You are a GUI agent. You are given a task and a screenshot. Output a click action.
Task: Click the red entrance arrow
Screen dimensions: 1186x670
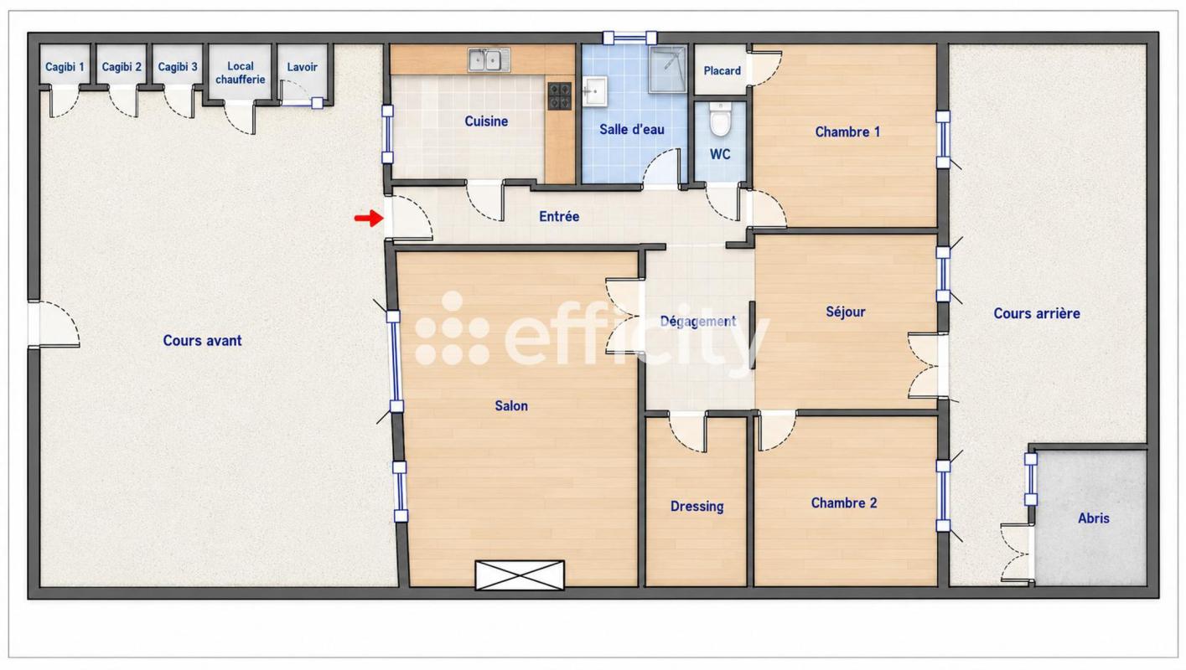[369, 218]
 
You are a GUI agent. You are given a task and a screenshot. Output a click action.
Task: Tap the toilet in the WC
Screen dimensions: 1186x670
[720, 119]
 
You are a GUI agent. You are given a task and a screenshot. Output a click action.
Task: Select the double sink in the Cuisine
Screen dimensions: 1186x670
[489, 59]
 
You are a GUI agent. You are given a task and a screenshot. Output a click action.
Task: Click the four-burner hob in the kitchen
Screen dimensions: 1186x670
[560, 95]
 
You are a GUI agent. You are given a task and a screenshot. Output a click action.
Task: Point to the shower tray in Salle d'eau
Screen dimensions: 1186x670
[668, 70]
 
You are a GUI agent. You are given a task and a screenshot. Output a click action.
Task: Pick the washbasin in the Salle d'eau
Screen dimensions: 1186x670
[595, 92]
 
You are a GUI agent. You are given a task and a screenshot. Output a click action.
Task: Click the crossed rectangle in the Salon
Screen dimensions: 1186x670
[520, 575]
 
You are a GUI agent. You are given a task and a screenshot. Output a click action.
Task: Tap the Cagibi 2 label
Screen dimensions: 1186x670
[122, 67]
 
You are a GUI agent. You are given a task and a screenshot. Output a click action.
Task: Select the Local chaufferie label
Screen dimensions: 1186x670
[241, 73]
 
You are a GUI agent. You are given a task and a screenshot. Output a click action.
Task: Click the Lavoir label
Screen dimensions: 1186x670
[303, 67]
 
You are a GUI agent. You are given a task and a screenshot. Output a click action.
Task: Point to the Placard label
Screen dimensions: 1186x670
[722, 70]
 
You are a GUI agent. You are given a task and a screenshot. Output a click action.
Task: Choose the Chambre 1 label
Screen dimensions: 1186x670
[847, 131]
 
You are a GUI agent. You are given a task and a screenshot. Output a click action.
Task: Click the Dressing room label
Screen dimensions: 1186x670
[697, 507]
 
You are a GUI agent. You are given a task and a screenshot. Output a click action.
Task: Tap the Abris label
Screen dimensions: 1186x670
[1094, 518]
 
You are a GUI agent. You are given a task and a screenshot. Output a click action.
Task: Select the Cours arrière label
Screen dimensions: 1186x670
[1037, 313]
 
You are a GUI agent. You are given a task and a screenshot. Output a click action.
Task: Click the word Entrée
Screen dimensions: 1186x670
[559, 216]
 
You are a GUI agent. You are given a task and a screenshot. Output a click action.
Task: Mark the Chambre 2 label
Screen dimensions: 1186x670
[844, 502]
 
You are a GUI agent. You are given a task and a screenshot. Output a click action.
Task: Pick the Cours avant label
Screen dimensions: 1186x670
[202, 340]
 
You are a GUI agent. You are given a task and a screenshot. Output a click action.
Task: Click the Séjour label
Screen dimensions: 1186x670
[846, 312]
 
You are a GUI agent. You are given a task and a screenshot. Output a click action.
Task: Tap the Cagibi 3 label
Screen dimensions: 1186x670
[178, 67]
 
